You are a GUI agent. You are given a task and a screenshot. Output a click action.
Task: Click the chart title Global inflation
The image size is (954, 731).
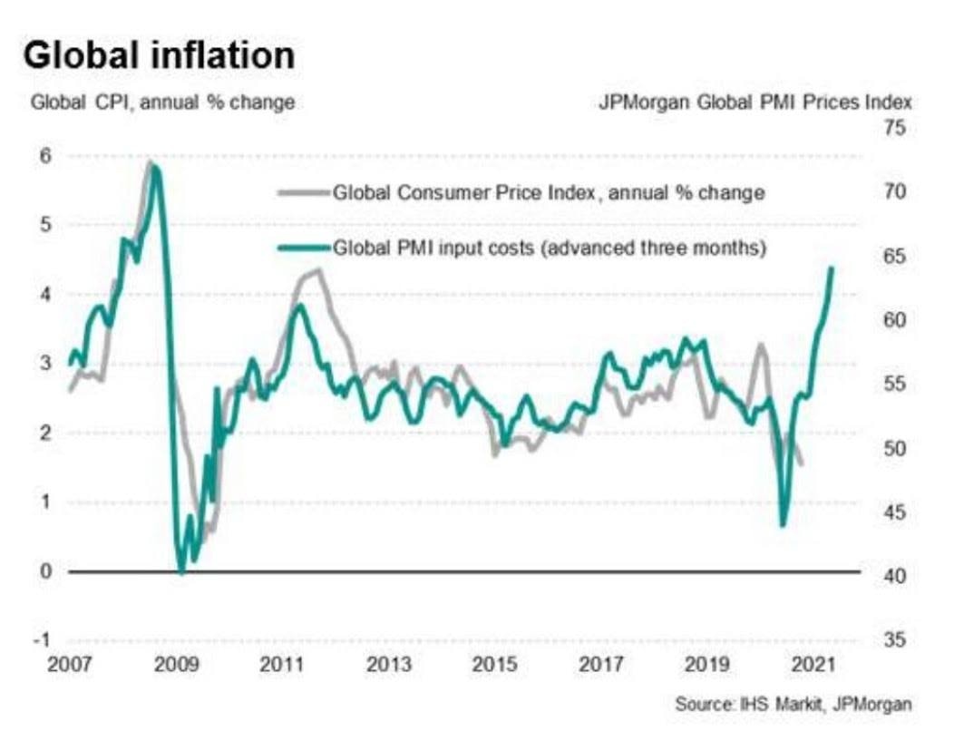coord(159,56)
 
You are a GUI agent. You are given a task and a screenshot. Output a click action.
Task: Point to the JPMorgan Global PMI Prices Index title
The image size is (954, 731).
coord(754,102)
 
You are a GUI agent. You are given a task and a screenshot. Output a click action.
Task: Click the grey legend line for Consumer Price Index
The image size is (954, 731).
coord(302,191)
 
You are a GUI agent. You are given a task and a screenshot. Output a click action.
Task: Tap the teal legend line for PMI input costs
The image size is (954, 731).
coord(302,247)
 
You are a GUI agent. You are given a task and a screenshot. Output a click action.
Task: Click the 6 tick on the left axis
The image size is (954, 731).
coord(44,156)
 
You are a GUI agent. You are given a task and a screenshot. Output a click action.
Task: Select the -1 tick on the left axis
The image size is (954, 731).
coord(42,639)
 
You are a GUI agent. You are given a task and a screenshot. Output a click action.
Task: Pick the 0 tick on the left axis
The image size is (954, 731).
coord(44,570)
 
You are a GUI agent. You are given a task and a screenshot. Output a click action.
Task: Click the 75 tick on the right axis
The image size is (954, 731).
coord(895,129)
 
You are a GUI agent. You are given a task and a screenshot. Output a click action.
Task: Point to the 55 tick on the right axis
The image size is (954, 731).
coord(895,385)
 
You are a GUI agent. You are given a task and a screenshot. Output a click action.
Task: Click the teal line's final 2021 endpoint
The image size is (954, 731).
coord(832,268)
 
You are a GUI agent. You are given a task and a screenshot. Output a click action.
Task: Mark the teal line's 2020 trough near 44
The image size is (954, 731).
coord(784,524)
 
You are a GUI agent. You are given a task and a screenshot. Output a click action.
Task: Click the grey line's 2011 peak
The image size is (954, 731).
coord(319,269)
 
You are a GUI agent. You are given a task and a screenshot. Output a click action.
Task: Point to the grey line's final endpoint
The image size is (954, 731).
coord(802,464)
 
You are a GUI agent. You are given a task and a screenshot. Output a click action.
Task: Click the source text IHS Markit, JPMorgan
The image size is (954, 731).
coord(793,703)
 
